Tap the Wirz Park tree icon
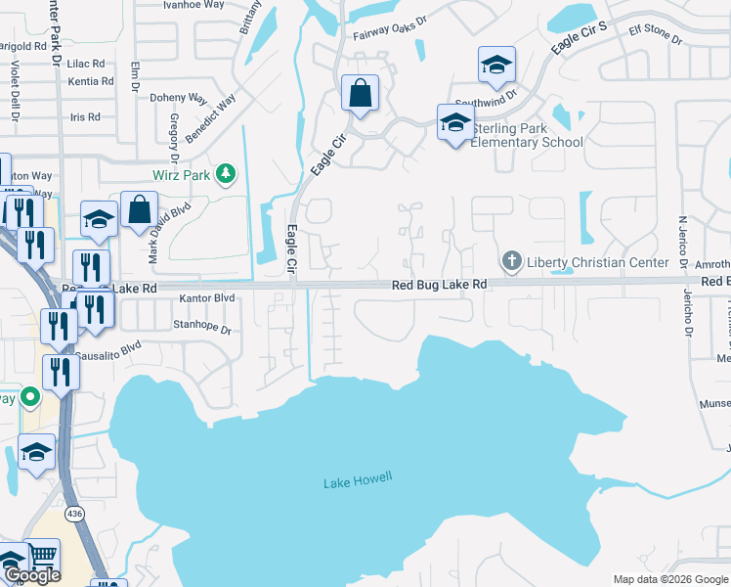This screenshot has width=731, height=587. pyautogui.click(x=227, y=174)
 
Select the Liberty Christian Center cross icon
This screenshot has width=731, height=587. pyautogui.click(x=510, y=261)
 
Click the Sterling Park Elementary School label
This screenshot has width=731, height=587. pyautogui.click(x=527, y=135)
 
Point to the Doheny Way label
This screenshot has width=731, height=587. pyautogui.click(x=179, y=98)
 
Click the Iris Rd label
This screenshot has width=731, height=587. pyautogui.click(x=86, y=117)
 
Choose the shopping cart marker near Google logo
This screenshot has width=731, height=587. pyautogui.click(x=43, y=556)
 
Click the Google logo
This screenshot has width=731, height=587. pyautogui.click(x=32, y=576)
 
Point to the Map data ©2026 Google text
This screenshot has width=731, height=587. pyautogui.click(x=669, y=579)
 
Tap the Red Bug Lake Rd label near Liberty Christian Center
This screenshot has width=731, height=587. pyautogui.click(x=439, y=285)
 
